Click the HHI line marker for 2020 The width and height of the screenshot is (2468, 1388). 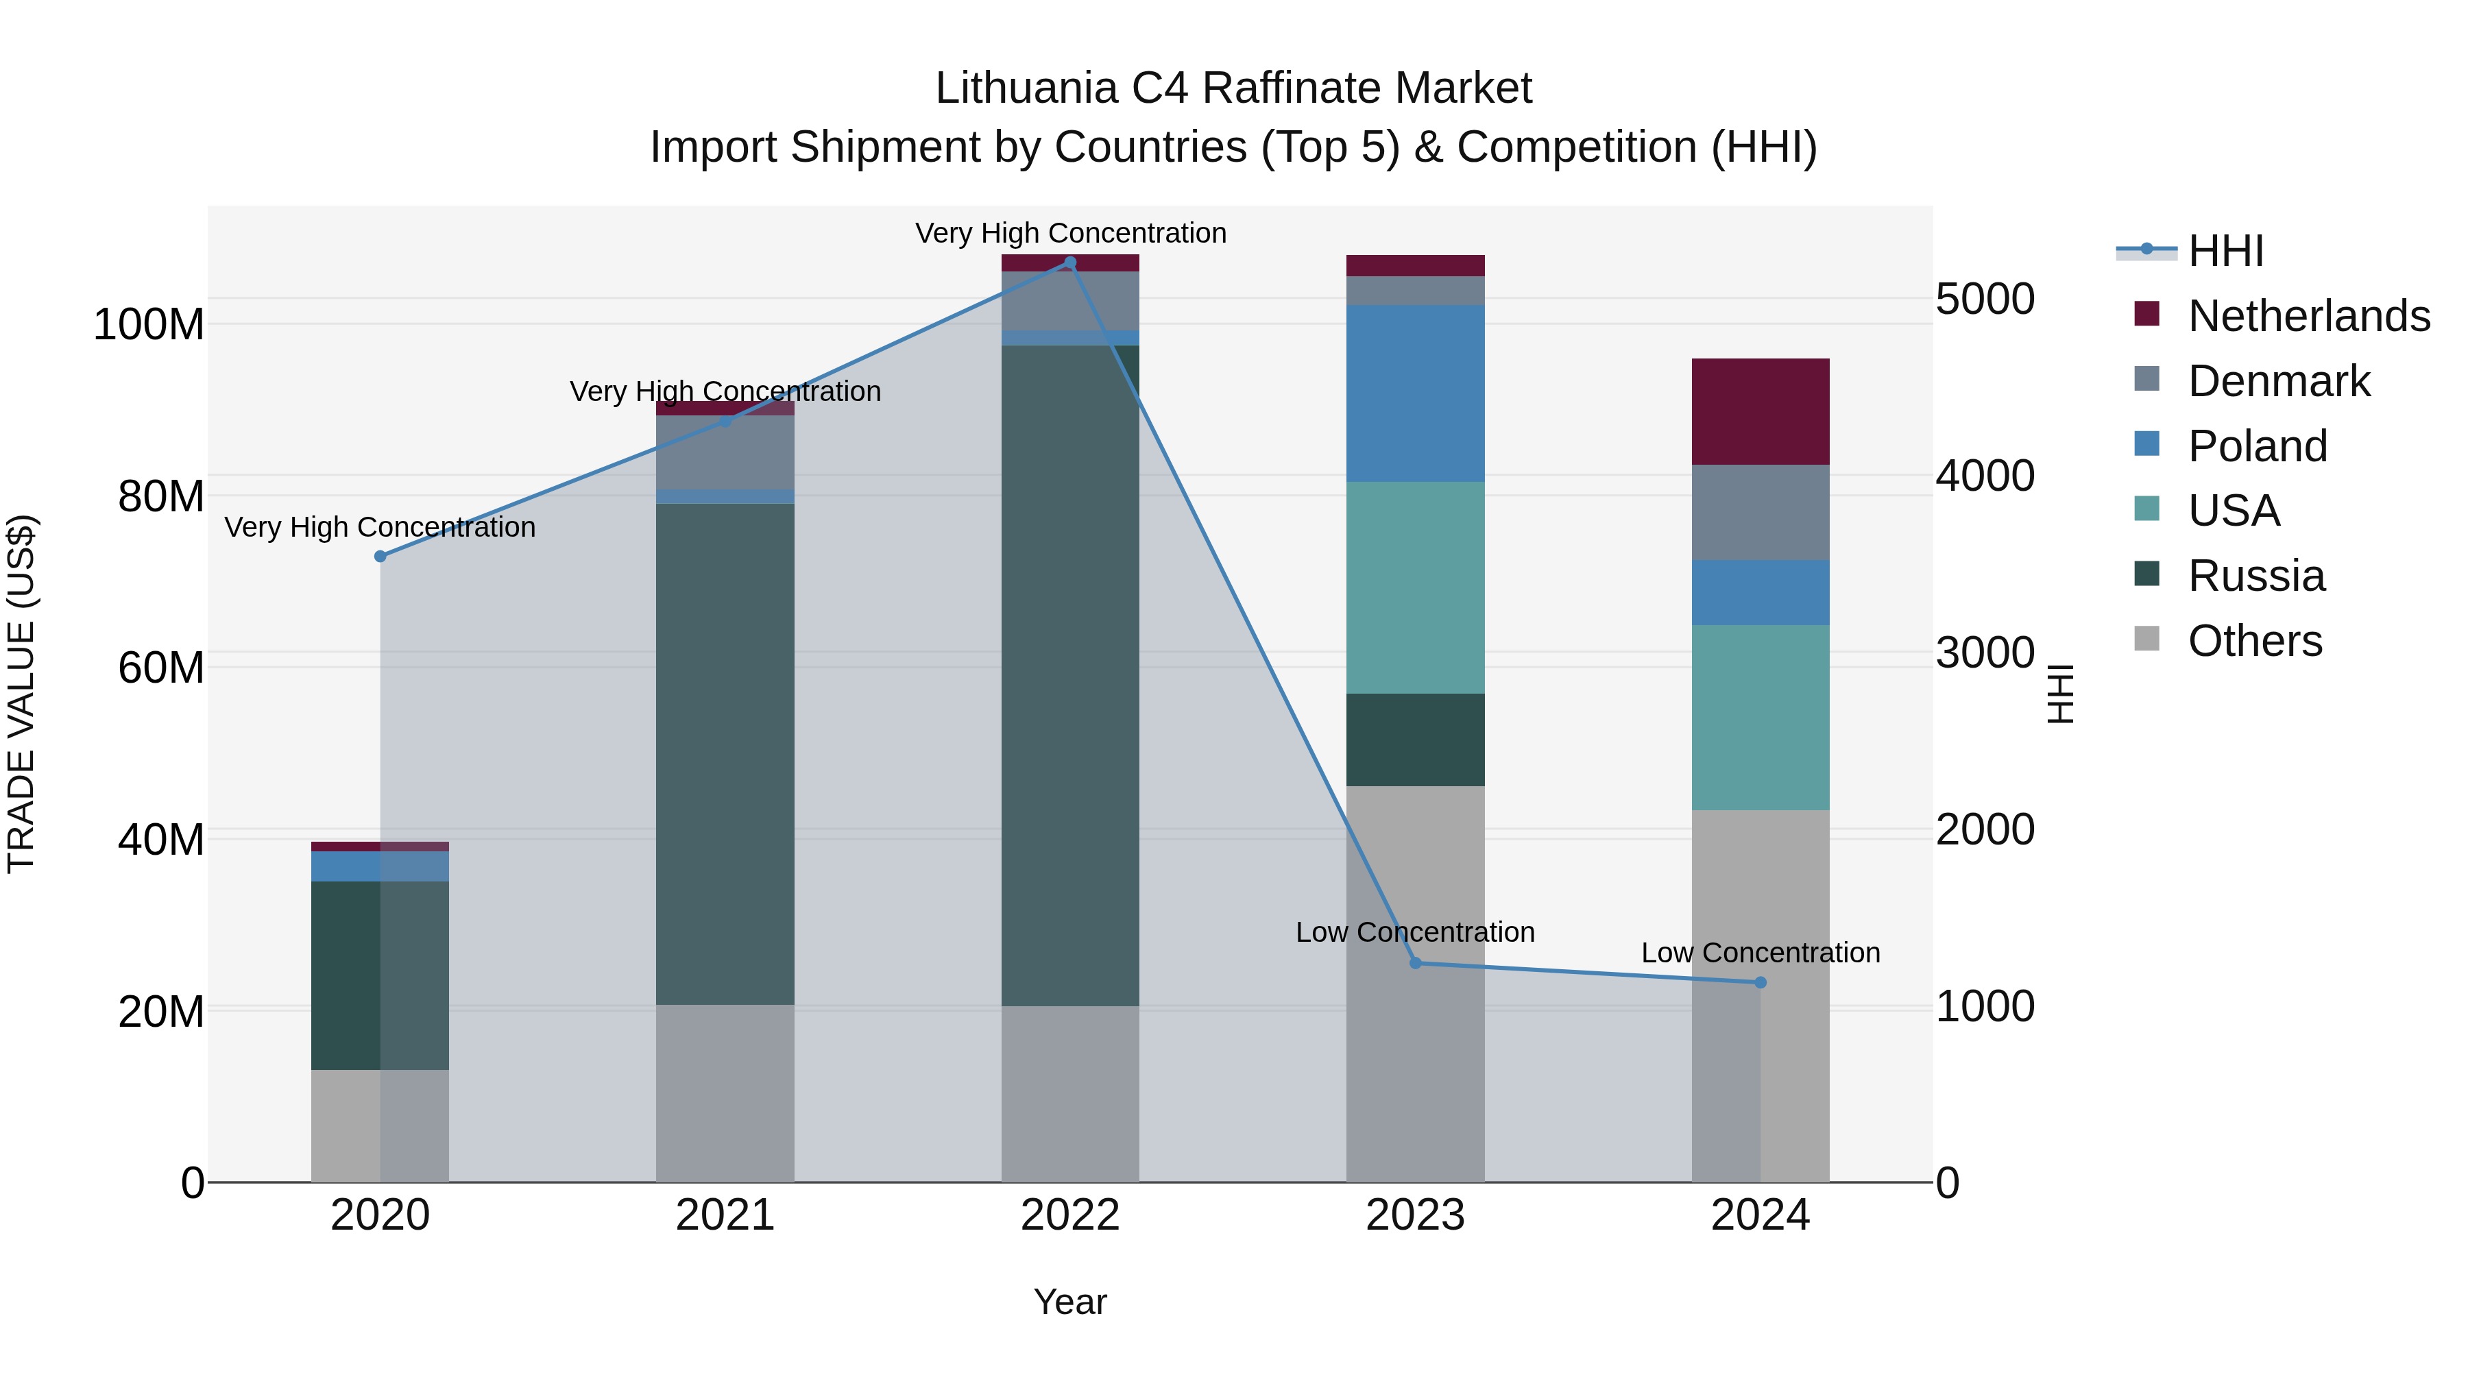point(380,557)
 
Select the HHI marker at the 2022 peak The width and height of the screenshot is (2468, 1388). point(1070,263)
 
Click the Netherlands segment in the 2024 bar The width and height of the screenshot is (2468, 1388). point(1760,412)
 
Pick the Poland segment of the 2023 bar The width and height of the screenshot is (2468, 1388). point(1415,393)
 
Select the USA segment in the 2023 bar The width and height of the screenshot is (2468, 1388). point(1415,587)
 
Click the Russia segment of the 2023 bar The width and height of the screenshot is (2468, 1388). point(1415,740)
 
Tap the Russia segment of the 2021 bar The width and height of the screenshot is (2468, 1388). point(725,754)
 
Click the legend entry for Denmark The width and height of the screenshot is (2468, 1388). point(2278,381)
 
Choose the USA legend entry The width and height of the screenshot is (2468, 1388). point(2234,511)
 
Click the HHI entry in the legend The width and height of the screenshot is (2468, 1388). point(2225,251)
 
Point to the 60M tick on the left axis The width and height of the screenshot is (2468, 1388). point(161,668)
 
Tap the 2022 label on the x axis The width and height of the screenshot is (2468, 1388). point(1070,1215)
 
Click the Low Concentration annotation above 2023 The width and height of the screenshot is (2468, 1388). point(1415,932)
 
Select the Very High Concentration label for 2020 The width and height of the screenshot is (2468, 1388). point(380,527)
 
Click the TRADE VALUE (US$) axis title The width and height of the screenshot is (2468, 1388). point(21,694)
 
